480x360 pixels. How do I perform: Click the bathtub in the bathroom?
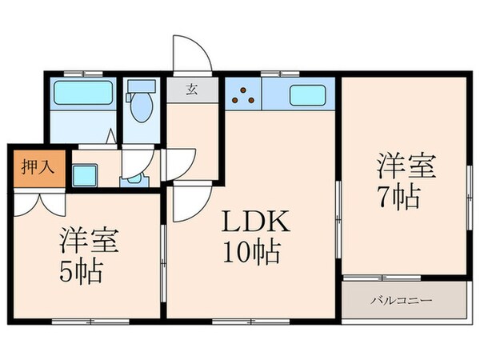click(83, 96)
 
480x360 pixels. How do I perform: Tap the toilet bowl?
click(142, 108)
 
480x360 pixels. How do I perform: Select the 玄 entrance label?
click(193, 89)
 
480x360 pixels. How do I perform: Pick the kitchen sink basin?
click(306, 95)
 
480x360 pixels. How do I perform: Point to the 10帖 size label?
click(250, 254)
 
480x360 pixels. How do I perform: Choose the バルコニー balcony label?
click(402, 301)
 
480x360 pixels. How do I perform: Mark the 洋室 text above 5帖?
click(87, 240)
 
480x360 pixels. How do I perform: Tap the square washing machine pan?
click(85, 174)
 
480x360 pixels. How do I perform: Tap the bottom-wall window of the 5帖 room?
click(83, 321)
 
